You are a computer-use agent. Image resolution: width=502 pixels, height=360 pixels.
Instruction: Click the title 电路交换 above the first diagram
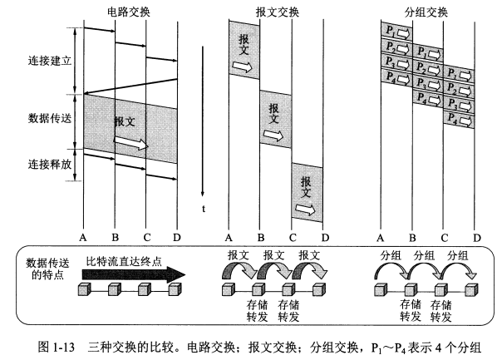129,12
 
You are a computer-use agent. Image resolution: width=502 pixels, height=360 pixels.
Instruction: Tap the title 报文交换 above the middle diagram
278,12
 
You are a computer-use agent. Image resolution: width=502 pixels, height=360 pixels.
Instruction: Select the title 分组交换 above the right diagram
426,12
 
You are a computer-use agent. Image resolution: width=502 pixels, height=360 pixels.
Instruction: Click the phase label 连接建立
50,61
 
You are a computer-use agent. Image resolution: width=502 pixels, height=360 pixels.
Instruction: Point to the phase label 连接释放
50,165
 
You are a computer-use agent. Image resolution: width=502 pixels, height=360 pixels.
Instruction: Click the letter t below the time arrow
204,209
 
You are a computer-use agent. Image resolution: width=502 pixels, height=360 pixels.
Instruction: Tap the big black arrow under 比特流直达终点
134,275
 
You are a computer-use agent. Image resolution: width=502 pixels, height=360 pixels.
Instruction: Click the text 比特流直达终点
124,262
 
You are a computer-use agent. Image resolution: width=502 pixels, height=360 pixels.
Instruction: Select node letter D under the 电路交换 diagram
177,237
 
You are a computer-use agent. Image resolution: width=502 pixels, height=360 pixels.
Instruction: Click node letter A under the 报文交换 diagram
229,238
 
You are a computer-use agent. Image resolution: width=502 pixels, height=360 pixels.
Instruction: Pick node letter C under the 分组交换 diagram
444,238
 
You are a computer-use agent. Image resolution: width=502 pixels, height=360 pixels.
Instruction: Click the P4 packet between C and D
459,120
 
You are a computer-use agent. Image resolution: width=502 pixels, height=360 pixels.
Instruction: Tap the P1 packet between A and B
396,32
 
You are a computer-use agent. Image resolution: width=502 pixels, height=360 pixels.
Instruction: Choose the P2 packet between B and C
428,68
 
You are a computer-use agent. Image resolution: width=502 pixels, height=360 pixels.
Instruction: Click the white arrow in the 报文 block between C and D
305,210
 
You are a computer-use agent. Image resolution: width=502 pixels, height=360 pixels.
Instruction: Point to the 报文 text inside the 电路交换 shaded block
125,121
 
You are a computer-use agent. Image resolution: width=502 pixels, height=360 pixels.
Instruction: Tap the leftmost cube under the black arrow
85,289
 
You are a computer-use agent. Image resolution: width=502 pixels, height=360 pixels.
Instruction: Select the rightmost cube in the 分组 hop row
471,290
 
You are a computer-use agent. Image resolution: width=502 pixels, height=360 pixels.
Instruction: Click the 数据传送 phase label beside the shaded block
50,119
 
